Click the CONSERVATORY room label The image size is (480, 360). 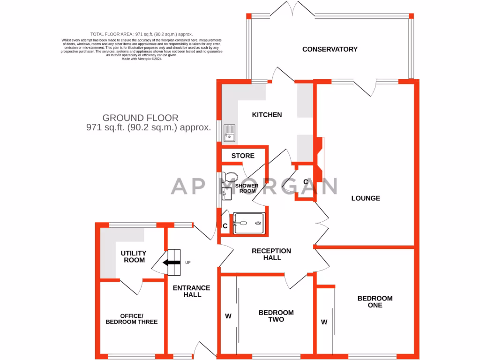click(x=330, y=49)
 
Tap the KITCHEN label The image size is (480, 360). click(x=267, y=115)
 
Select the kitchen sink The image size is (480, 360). click(x=230, y=133)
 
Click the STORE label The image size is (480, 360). click(x=243, y=156)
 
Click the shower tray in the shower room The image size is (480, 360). click(x=249, y=223)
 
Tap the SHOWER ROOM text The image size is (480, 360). click(x=247, y=188)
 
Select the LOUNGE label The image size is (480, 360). click(x=366, y=198)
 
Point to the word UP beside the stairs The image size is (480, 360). click(x=188, y=262)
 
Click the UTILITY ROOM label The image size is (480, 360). click(x=133, y=256)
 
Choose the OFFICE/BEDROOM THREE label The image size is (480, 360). click(x=131, y=319)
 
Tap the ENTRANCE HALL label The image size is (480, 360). click(x=192, y=291)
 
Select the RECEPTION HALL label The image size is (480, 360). click(x=271, y=254)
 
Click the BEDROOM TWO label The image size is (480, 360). click(x=276, y=316)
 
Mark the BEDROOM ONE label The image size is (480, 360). click(x=375, y=301)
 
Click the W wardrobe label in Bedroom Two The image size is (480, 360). click(x=228, y=316)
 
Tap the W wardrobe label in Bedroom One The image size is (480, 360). click(x=324, y=322)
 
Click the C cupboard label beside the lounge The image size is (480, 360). click(x=305, y=182)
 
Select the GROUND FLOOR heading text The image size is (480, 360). click(x=140, y=118)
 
